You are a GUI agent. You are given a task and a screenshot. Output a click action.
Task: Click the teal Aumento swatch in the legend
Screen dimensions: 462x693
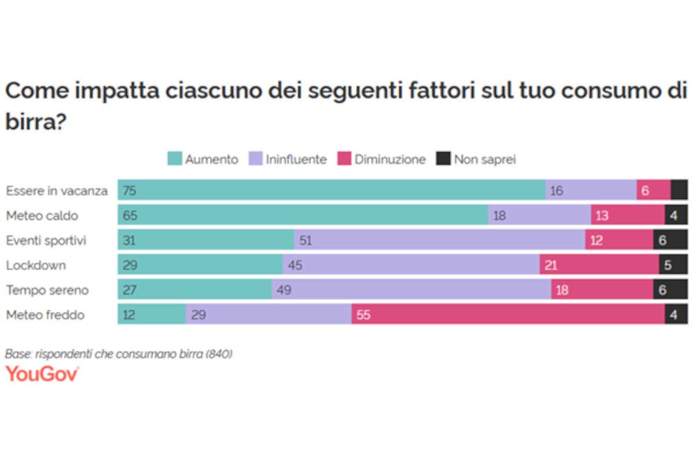click(x=175, y=159)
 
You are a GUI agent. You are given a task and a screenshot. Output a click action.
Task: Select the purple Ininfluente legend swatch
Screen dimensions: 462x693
click(x=256, y=159)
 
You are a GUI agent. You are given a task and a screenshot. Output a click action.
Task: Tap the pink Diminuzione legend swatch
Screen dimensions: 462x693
click(x=345, y=159)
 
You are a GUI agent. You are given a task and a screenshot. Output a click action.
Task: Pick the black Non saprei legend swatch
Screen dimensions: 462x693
click(x=444, y=159)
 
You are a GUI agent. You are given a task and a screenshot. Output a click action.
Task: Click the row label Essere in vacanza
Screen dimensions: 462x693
click(x=57, y=191)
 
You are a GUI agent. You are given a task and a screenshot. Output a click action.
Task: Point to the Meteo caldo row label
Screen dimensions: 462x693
click(x=42, y=215)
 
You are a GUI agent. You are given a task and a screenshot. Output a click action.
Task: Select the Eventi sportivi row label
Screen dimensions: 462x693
click(x=46, y=240)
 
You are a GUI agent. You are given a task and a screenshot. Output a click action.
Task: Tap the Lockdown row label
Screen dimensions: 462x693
click(x=36, y=266)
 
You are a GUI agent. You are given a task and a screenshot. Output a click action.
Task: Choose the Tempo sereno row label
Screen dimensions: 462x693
click(x=47, y=290)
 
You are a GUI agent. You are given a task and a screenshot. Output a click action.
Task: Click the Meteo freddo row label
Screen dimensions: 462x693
click(x=45, y=315)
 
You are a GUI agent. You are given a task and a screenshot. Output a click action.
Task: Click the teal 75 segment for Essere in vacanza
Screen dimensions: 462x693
click(x=331, y=190)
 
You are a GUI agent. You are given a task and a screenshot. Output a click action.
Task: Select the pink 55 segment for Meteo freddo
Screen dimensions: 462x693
click(x=508, y=315)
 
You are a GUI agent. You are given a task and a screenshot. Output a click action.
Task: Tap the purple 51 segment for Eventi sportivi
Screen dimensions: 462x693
click(x=439, y=240)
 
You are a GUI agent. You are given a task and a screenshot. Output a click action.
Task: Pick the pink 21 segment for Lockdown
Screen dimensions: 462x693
click(x=599, y=265)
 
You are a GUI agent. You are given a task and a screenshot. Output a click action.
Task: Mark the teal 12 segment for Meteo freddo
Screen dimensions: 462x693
click(x=152, y=315)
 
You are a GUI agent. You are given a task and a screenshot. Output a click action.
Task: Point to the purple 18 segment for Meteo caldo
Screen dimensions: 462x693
click(x=539, y=215)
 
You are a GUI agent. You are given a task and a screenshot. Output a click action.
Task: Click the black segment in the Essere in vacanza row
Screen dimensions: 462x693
click(x=679, y=190)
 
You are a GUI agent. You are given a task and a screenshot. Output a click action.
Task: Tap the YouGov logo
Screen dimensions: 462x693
click(x=42, y=374)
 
